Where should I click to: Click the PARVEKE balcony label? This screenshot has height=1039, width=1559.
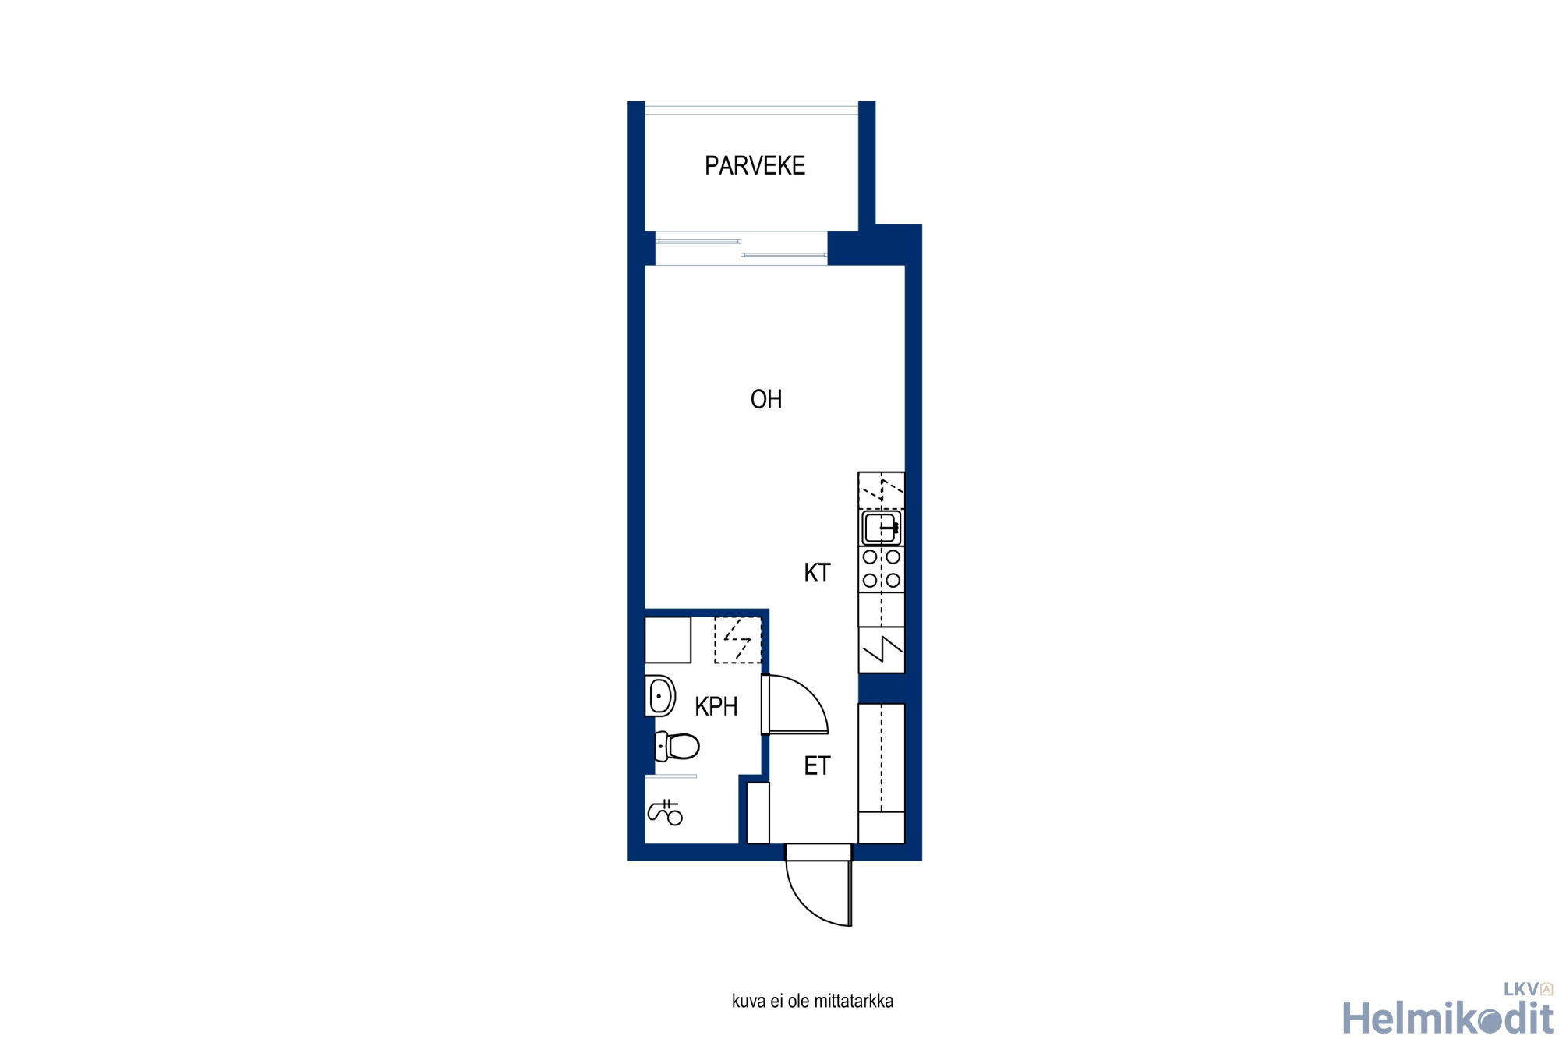[755, 165]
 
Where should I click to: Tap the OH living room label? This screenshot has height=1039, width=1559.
[765, 399]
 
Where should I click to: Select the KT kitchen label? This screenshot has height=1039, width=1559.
[817, 573]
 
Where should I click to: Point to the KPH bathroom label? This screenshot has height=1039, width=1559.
[716, 706]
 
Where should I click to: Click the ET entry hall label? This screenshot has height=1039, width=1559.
[817, 765]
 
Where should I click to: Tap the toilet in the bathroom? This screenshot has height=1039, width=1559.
[677, 746]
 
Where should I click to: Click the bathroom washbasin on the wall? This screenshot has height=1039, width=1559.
[659, 696]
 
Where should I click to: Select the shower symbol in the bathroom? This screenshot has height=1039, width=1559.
[666, 812]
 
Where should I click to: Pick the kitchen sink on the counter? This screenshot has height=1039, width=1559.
[882, 528]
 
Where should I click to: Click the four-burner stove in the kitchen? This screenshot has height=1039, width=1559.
[882, 569]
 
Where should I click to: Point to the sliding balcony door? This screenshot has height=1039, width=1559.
[741, 248]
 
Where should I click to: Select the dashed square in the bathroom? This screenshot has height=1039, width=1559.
[737, 640]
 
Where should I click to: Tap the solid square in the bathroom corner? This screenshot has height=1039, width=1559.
[668, 640]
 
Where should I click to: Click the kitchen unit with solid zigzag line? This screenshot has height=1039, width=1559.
[882, 649]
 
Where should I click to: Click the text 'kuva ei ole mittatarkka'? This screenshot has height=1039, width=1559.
[812, 1002]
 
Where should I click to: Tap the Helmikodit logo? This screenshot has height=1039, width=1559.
[1448, 1017]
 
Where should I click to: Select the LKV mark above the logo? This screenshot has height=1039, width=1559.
[1528, 989]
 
